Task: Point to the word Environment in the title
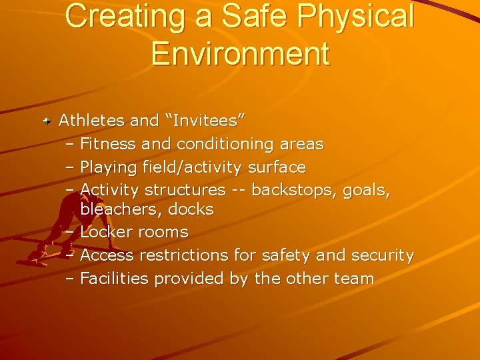pyautogui.click(x=240, y=53)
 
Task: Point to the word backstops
pyautogui.click(x=294, y=190)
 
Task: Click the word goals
pyautogui.click(x=366, y=191)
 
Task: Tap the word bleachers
pyautogui.click(x=121, y=209)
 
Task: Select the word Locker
pyautogui.click(x=106, y=232)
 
